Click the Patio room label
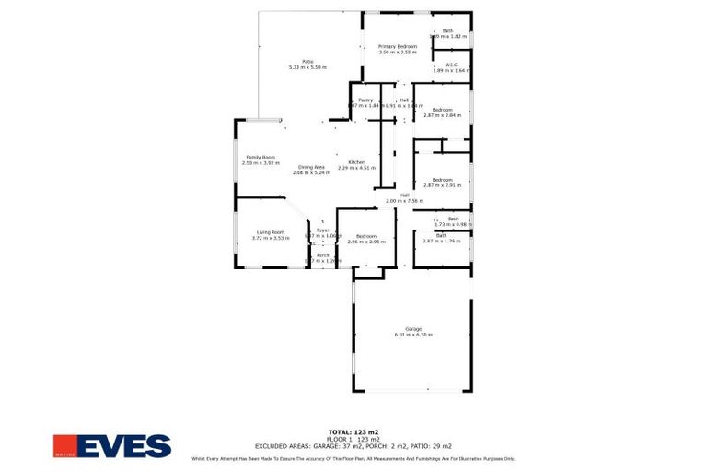point(296,61)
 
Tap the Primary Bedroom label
point(398,46)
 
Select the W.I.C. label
point(451,65)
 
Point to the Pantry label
point(365,100)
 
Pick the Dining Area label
point(311,167)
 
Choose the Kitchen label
point(357,162)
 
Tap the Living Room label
point(270,232)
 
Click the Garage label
point(413,329)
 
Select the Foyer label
point(322,230)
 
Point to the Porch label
point(322,255)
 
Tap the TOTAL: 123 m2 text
point(353,431)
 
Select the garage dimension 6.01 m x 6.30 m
point(413,335)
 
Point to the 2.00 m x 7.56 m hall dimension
point(404,200)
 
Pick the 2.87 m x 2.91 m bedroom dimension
point(442,185)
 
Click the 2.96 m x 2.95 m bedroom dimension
point(366,242)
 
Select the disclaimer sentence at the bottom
point(353,458)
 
